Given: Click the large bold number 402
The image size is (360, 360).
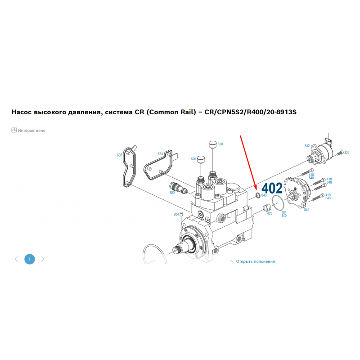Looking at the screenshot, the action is [x=272, y=188].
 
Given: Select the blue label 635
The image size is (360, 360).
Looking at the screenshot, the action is [x=119, y=155].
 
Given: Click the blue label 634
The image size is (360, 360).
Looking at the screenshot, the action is [x=160, y=154].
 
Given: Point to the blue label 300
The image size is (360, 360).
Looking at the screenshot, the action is [x=172, y=193].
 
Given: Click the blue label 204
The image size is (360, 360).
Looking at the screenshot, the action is [x=176, y=215].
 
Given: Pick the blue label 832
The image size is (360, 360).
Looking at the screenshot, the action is [x=307, y=146].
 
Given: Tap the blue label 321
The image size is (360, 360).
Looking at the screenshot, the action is [x=346, y=153].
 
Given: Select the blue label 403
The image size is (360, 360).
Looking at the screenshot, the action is [x=270, y=213].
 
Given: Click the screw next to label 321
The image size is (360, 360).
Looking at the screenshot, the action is [x=340, y=153].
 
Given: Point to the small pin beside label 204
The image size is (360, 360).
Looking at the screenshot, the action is [x=181, y=215].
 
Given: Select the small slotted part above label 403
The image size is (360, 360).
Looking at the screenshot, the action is [x=266, y=208].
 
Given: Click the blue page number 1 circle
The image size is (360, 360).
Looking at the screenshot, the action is [x=30, y=259].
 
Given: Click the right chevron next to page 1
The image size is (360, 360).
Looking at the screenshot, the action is [x=43, y=259].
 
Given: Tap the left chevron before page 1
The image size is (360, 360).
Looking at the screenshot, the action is [x=16, y=259].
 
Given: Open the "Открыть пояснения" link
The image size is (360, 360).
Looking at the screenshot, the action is [x=255, y=261].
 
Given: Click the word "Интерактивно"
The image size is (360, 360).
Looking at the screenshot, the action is [x=31, y=130].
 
